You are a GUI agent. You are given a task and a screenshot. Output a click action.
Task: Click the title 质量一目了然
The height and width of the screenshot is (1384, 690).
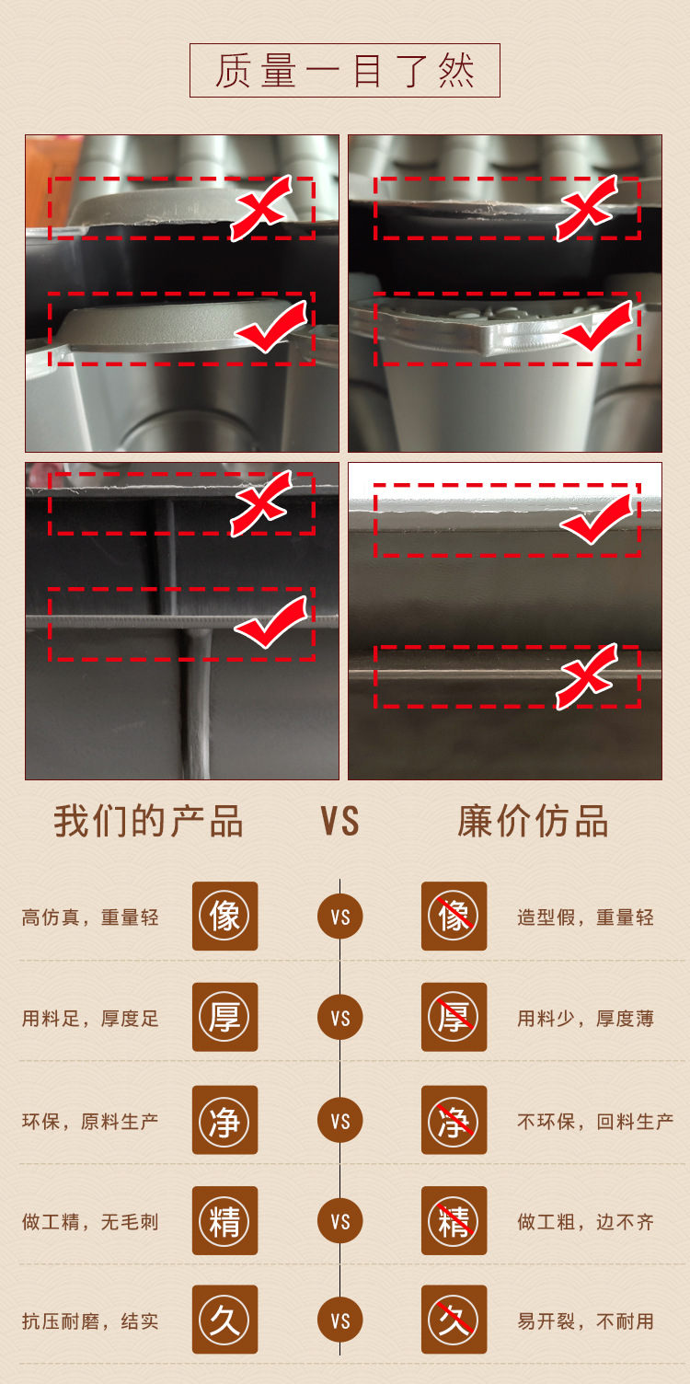pyautogui.click(x=344, y=71)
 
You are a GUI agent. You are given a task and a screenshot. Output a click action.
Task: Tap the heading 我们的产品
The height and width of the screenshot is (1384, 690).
pyautogui.click(x=148, y=821)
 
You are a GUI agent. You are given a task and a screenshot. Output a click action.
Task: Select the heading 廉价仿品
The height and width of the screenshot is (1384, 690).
pyautogui.click(x=533, y=821)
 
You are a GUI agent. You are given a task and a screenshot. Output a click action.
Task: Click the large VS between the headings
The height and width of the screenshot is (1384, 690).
pyautogui.click(x=339, y=821)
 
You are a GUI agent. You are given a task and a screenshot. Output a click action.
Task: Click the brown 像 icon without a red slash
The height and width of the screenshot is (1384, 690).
pyautogui.click(x=224, y=917)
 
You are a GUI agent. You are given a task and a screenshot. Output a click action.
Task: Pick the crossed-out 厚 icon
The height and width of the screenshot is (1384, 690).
pyautogui.click(x=454, y=1018)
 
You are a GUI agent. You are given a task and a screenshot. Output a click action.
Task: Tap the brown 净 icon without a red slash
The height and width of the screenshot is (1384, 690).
pyautogui.click(x=224, y=1120)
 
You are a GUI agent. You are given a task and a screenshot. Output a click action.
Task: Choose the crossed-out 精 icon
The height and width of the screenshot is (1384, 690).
pyautogui.click(x=454, y=1221)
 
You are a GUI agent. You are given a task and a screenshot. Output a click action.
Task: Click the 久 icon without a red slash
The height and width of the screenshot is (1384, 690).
pyautogui.click(x=224, y=1321)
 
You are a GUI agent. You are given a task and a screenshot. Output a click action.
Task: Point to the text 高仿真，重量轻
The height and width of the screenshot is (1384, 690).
pyautogui.click(x=90, y=917)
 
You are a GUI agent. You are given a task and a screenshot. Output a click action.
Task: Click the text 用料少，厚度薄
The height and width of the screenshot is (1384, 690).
pyautogui.click(x=585, y=1019)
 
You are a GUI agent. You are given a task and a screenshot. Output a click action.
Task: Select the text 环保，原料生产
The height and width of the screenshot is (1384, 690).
pyautogui.click(x=90, y=1121)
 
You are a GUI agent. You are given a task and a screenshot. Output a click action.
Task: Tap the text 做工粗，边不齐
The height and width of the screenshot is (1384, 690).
pyautogui.click(x=585, y=1222)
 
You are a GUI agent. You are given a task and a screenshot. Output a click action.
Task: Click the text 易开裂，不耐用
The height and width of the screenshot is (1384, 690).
pyautogui.click(x=585, y=1321)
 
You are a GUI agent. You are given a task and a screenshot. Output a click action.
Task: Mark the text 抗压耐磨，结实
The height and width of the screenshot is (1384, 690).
pyautogui.click(x=90, y=1321)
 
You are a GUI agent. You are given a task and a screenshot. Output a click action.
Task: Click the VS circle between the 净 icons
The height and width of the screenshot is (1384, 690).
pyautogui.click(x=340, y=1121)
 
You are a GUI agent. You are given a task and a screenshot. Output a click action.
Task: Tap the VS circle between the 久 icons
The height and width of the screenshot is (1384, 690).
pyautogui.click(x=340, y=1321)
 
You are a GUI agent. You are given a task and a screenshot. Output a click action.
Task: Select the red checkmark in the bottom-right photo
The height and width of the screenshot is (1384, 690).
pyautogui.click(x=598, y=519)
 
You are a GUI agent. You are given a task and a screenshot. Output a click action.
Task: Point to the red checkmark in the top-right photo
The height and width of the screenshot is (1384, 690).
pyautogui.click(x=597, y=328)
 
